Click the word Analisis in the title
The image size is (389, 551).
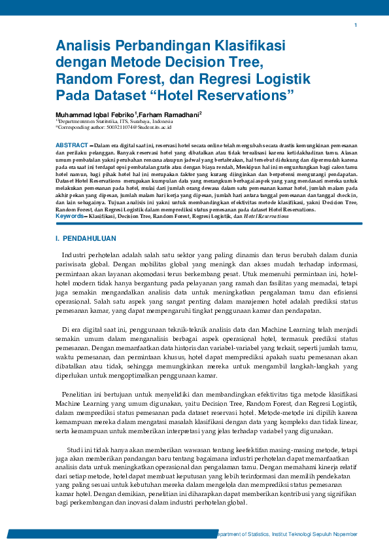point(80,46)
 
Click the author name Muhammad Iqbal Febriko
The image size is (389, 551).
point(95,115)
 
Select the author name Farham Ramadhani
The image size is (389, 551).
point(169,115)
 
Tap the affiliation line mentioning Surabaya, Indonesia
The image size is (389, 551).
point(114,122)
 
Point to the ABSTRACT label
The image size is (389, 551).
point(71,144)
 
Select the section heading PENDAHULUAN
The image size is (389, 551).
point(90,238)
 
